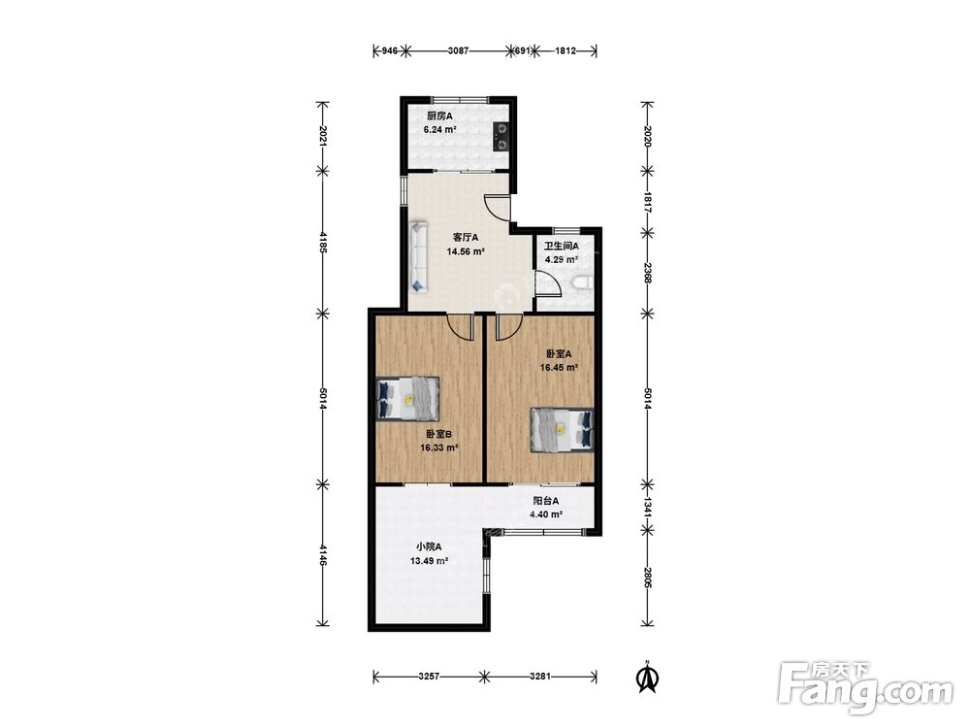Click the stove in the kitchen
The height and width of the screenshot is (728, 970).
501,137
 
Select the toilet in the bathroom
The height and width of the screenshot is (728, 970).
582,282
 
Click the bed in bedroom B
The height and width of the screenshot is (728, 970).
408,399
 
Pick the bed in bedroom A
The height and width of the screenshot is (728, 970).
562,430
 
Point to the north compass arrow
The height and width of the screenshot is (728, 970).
647,678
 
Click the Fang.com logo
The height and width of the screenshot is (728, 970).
865,688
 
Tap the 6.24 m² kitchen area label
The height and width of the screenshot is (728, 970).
439,130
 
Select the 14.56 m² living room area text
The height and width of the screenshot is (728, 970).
466,252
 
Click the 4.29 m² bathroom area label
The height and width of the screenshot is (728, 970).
561,260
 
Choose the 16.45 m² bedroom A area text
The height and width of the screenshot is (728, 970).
560,367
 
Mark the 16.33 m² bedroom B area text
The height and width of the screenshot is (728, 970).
438,447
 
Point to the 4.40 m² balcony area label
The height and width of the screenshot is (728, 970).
545,514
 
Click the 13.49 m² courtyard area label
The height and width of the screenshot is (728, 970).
429,561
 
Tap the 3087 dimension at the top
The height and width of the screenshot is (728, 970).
458,50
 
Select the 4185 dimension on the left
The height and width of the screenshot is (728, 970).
322,242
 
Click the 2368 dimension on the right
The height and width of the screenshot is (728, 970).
647,273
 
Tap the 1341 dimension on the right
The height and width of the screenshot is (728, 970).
647,506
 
